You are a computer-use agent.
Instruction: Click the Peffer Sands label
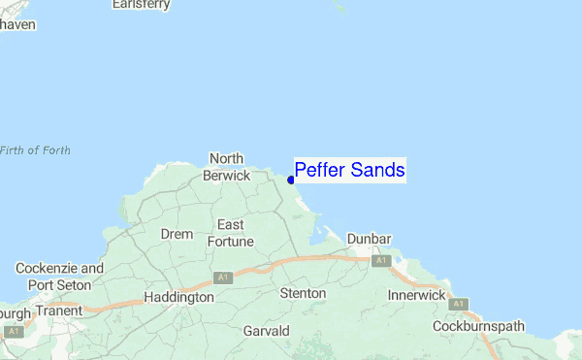click(349, 171)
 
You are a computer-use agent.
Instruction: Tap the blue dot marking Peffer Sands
click(291, 180)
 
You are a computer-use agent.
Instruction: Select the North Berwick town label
click(227, 167)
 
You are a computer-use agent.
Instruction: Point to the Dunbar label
click(369, 239)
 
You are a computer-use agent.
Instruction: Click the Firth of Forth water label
click(35, 150)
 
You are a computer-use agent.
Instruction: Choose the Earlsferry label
click(142, 5)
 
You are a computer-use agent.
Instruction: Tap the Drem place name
click(177, 234)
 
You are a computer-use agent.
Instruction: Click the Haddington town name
click(178, 297)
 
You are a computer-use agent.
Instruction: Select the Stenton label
click(303, 292)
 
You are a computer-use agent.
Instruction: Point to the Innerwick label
click(416, 294)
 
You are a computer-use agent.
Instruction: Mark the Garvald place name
click(267, 331)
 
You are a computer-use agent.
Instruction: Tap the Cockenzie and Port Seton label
click(59, 277)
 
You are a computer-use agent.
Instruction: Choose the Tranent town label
click(58, 312)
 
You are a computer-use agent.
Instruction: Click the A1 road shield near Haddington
click(223, 278)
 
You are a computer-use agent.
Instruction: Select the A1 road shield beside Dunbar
click(380, 261)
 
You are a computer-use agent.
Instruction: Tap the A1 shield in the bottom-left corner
click(12, 332)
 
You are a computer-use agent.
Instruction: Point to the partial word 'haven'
click(18, 24)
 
